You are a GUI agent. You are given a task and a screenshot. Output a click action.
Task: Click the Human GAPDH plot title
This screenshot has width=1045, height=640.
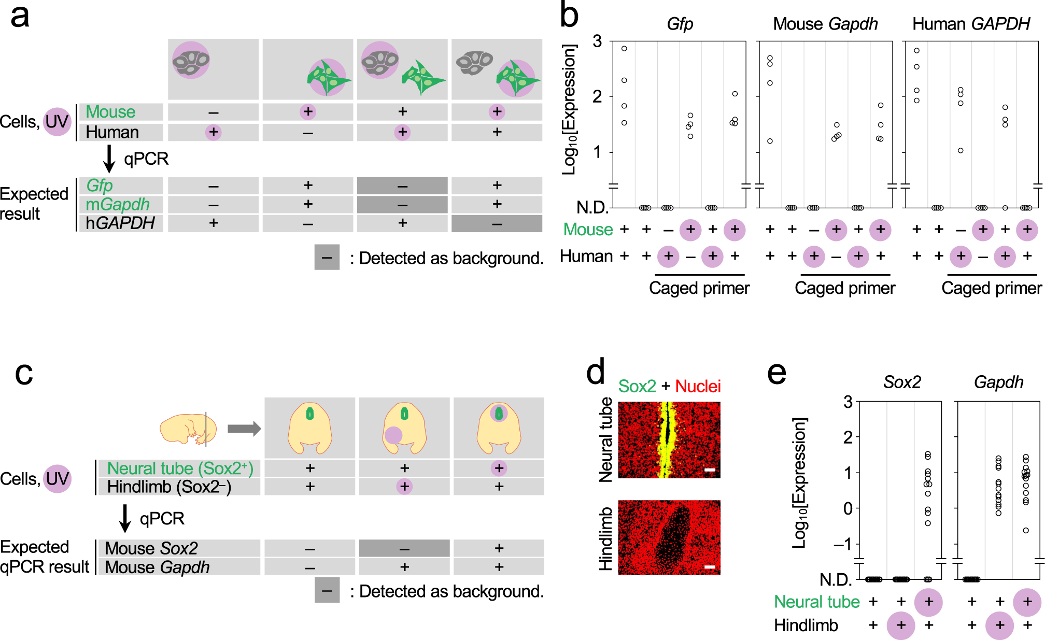pyautogui.click(x=971, y=24)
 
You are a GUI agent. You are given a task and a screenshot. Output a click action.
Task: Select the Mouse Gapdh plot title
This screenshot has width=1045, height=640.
pyautogui.click(x=825, y=24)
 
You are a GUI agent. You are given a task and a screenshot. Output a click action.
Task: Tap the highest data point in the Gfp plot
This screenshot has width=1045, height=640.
pyautogui.click(x=624, y=48)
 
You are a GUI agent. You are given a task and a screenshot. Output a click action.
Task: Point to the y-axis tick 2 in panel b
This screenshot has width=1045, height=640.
pyautogui.click(x=597, y=96)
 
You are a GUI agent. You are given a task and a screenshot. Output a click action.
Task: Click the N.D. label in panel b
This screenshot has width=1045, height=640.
pyautogui.click(x=592, y=207)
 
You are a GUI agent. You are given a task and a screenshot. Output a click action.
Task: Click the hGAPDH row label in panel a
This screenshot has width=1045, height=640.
pyautogui.click(x=120, y=223)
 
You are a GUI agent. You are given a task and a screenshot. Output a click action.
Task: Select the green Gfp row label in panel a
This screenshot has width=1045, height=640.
pyautogui.click(x=100, y=185)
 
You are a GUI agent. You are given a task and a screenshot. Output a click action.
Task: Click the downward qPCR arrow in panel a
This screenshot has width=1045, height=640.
pyautogui.click(x=109, y=159)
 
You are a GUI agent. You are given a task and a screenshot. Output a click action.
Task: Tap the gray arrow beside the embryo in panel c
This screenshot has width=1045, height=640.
pyautogui.click(x=244, y=429)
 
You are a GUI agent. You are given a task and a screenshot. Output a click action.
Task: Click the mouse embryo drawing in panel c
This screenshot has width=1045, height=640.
pyautogui.click(x=187, y=429)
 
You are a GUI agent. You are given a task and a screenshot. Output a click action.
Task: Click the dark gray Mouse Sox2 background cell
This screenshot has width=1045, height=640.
pyautogui.click(x=404, y=548)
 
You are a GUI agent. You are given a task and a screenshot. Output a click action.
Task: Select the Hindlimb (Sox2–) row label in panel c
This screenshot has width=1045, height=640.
pyautogui.click(x=169, y=487)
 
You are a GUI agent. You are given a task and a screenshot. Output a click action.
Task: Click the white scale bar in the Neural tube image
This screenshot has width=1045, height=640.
pyautogui.click(x=710, y=470)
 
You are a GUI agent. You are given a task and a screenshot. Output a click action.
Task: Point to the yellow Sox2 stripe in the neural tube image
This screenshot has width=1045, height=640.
pyautogui.click(x=666, y=440)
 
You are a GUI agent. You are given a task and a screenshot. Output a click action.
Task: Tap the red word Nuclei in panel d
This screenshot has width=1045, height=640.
pyautogui.click(x=698, y=386)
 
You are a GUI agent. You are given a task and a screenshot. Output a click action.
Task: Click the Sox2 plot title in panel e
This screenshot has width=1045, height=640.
pyautogui.click(x=902, y=382)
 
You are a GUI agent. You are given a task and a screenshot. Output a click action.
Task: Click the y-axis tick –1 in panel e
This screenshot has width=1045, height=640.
pyautogui.click(x=842, y=544)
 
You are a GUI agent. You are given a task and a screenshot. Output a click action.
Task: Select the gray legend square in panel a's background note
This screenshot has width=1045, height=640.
pyautogui.click(x=327, y=257)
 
